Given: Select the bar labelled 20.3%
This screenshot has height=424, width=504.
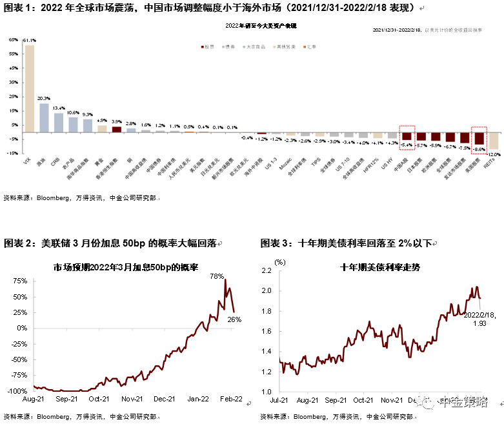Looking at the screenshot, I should [44, 117].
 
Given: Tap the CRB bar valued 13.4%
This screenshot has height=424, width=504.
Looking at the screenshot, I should [59, 123].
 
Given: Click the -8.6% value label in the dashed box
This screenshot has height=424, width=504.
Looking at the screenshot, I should [479, 149].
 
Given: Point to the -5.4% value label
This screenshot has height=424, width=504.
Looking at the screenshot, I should [407, 145].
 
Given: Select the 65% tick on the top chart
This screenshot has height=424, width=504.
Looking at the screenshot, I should [13, 39].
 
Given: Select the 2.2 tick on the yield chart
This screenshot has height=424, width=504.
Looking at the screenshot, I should [266, 271].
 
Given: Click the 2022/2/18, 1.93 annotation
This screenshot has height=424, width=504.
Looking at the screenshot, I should [480, 318].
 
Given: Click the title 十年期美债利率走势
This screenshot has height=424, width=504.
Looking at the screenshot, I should [379, 267].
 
